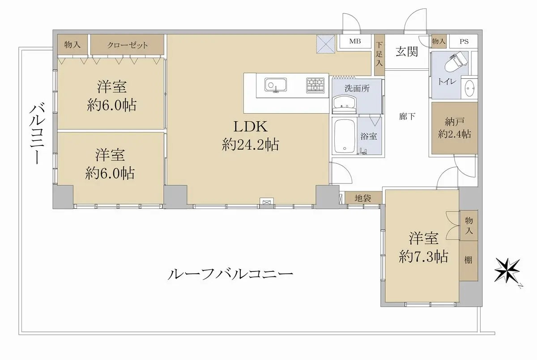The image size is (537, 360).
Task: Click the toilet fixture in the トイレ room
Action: [456, 62]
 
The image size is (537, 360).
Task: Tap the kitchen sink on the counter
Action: [276, 85]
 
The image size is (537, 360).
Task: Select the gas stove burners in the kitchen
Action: [315, 85]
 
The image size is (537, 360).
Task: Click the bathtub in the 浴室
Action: [344, 136]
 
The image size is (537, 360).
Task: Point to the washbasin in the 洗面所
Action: [344, 105]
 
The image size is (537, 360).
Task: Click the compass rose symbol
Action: [507, 271]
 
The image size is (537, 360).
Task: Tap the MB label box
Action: [355, 42]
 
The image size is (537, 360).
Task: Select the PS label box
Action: [464, 42]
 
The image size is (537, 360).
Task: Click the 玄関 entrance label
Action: [407, 51]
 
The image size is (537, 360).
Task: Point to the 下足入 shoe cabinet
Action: [379, 55]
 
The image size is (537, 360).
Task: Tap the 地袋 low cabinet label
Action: [363, 198]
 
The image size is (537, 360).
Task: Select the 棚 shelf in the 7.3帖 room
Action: [469, 261]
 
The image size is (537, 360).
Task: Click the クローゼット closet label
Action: [127, 45]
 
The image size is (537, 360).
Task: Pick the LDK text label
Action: [250, 127]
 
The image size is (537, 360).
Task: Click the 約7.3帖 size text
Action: [423, 257]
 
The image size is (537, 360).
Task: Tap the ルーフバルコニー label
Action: [230, 274]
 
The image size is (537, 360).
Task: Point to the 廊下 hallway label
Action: [407, 116]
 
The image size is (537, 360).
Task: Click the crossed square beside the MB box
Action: [326, 45]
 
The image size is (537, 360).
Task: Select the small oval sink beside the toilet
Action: [469, 89]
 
